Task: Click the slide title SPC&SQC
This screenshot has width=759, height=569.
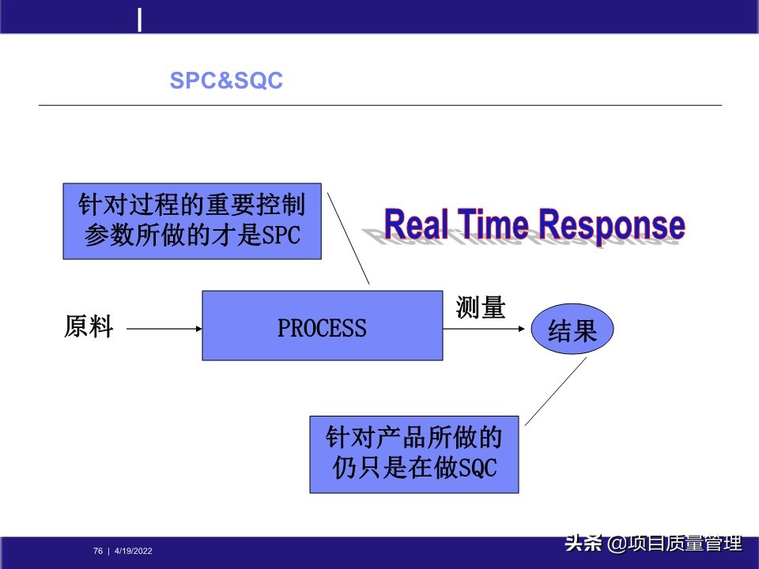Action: [226, 81]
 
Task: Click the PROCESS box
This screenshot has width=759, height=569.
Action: [322, 326]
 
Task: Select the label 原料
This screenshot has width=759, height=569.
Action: [89, 326]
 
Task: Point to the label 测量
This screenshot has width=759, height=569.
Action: [480, 307]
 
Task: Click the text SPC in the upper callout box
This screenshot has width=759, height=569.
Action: [281, 236]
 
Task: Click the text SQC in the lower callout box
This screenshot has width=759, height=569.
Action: [478, 468]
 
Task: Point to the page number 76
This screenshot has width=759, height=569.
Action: [98, 551]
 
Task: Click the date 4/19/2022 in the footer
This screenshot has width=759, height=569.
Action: [134, 551]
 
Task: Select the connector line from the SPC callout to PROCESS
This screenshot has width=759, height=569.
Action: [349, 237]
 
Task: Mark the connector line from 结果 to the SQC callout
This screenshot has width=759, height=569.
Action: [556, 391]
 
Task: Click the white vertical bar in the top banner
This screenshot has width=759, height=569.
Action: [140, 20]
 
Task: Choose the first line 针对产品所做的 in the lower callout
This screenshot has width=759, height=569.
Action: [413, 437]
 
